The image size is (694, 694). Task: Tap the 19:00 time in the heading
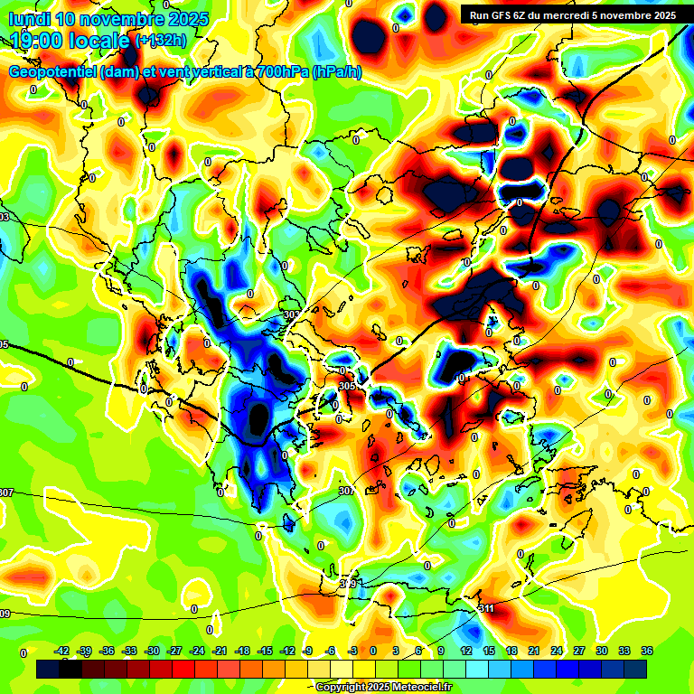(x=36, y=40)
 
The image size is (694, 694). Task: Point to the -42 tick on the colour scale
(x=62, y=652)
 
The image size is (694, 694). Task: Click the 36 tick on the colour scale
(x=646, y=652)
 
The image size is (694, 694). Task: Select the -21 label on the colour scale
(x=220, y=652)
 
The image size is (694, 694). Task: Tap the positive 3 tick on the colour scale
(x=396, y=652)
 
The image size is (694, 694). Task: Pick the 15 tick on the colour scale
(x=489, y=652)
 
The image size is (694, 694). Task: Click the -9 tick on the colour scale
(x=309, y=652)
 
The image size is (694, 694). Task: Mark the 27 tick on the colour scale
(x=578, y=652)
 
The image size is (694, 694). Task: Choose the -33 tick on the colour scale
(x=129, y=652)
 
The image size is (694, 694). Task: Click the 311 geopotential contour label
(x=486, y=607)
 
